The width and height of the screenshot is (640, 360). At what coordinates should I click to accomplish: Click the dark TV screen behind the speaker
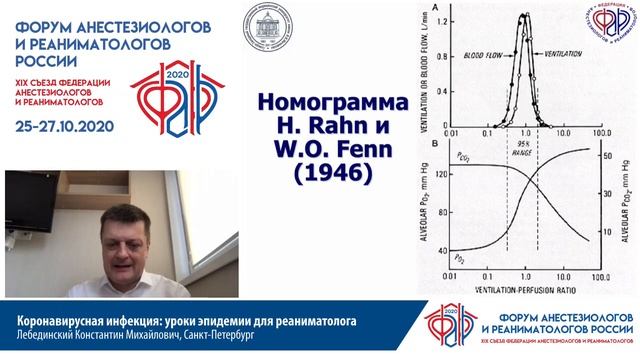(19, 220)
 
